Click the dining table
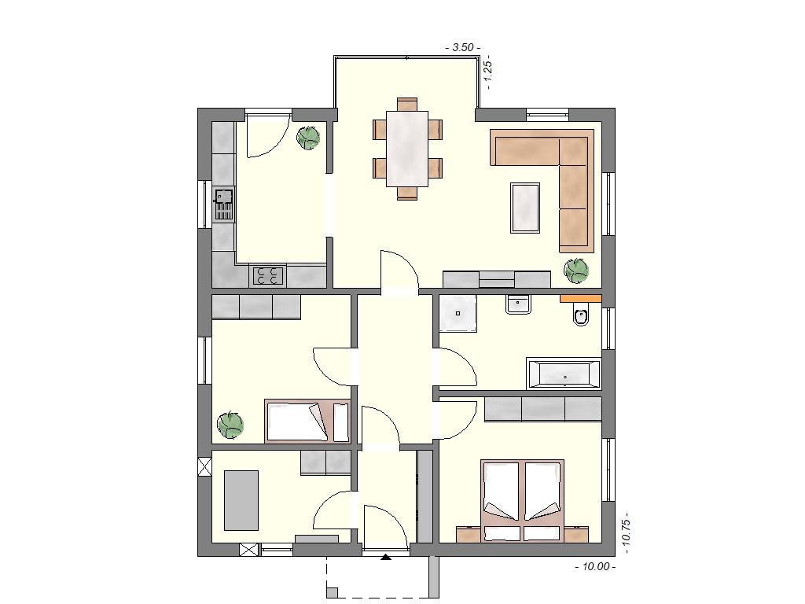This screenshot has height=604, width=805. pos(407,149)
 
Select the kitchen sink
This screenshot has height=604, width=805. pos(223,204)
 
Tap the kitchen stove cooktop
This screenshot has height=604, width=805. pos(267,276)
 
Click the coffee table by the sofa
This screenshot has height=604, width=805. pos(524,208)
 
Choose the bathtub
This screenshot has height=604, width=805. pos(564,374)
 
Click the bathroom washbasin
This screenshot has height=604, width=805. pos(518,304)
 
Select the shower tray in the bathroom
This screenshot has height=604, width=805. pos(458,313)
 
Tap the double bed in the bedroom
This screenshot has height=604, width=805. pos(522,501)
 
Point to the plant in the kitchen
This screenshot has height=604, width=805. pos(308,137)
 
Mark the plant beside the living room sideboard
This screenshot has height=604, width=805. pos(576,271)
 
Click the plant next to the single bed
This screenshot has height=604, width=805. pos(230,425)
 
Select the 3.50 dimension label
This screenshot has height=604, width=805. pos(462,48)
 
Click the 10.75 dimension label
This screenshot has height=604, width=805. pos(625,533)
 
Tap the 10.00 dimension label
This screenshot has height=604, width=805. pos(596,566)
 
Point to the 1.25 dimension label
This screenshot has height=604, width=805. pos(487,72)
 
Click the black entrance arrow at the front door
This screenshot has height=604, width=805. pos(385,556)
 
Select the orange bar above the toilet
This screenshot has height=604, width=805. pos(581,298)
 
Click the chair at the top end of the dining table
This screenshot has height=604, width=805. pos(407,104)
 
